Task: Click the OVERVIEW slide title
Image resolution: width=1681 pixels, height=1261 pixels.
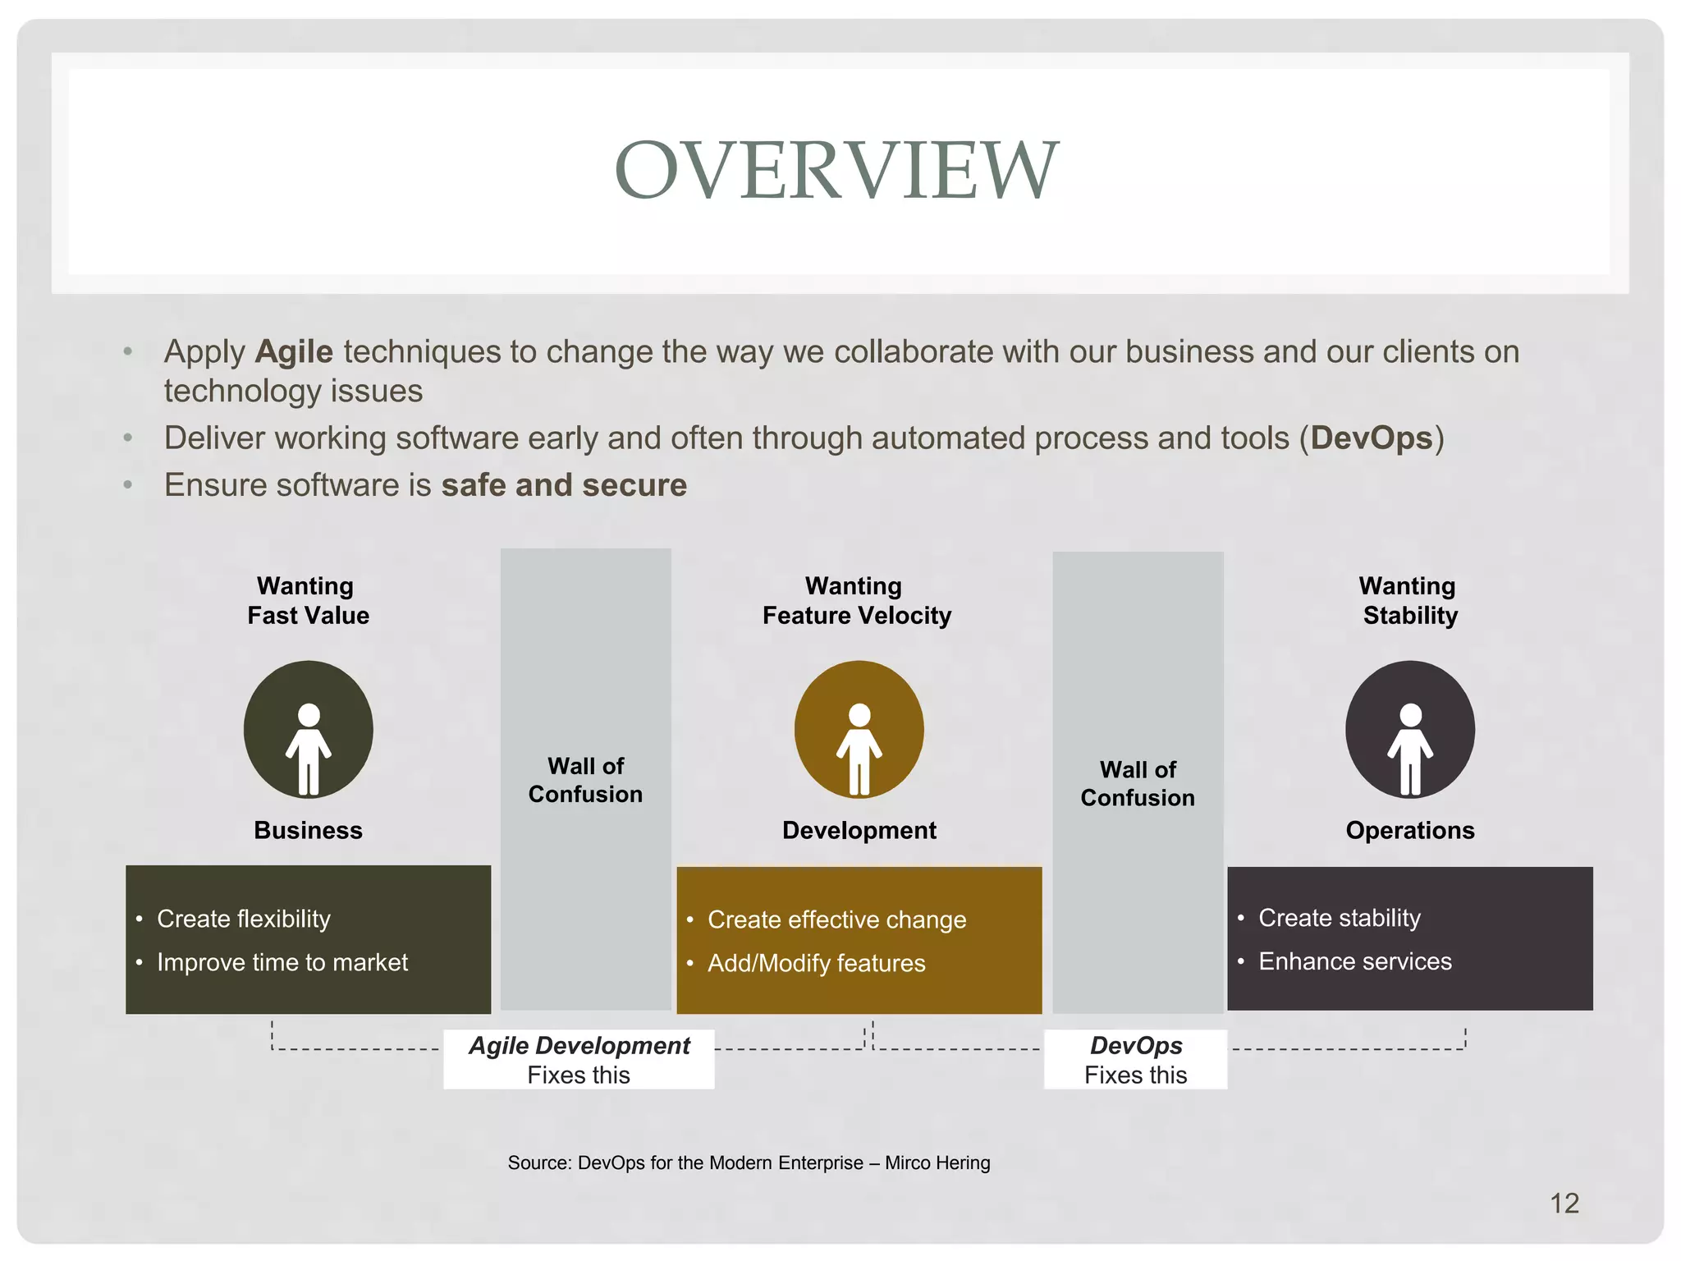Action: [836, 170]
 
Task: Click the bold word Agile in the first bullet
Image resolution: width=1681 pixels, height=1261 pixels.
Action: [294, 352]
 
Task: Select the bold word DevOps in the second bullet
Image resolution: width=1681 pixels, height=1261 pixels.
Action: [1371, 438]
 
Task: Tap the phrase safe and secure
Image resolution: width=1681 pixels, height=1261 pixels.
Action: [564, 485]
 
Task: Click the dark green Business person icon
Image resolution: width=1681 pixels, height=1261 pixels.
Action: [309, 730]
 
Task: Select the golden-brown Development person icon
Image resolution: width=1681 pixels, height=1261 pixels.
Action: [859, 730]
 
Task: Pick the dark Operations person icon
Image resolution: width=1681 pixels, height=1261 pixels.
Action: [1409, 730]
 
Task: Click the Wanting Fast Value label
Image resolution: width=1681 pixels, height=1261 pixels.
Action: [308, 600]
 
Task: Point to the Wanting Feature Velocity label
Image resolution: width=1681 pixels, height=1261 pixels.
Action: [856, 600]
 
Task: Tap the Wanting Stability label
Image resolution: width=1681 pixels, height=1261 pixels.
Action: [1409, 600]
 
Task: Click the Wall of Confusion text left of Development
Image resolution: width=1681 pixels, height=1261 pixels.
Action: [585, 780]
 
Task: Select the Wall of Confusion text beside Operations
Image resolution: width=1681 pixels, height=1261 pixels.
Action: [1138, 783]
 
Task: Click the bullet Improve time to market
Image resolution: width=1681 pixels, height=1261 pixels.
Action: [282, 962]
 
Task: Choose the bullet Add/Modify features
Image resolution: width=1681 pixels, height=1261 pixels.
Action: [816, 963]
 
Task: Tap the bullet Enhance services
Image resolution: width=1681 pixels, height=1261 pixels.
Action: [1354, 961]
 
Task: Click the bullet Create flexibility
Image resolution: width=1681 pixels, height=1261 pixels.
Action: [243, 919]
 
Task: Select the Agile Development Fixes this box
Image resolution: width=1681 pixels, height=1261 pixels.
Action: [579, 1060]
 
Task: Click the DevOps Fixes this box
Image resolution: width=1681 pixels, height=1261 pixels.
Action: [1135, 1060]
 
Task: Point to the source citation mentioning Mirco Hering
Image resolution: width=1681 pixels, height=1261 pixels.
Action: [749, 1162]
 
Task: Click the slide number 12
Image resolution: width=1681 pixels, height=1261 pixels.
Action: [1564, 1204]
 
